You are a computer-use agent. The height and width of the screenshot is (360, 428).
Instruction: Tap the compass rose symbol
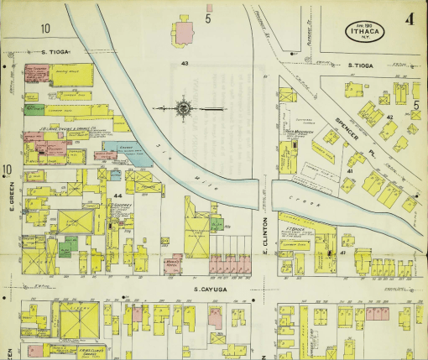[182, 108]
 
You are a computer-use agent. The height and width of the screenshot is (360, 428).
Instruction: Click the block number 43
[184, 64]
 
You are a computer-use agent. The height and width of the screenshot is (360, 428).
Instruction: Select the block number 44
[117, 196]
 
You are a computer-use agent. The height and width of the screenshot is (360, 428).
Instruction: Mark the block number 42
[389, 117]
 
